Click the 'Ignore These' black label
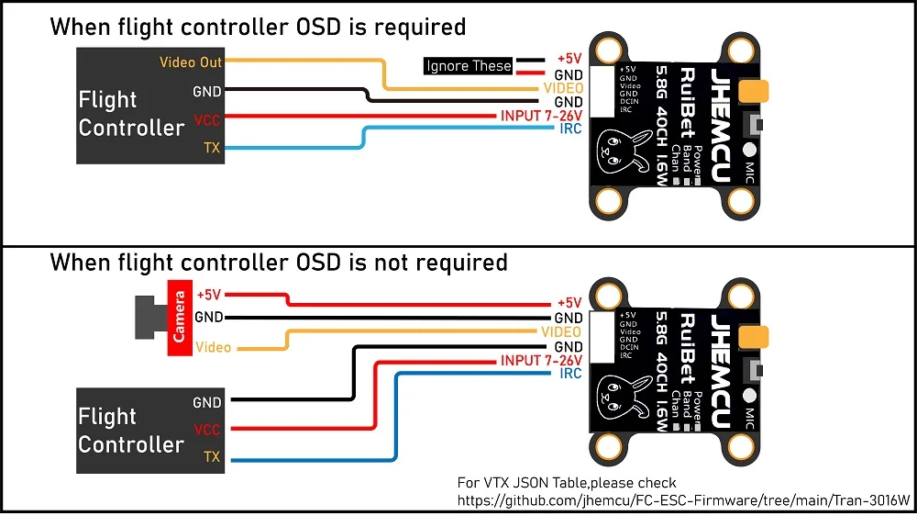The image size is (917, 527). [469, 66]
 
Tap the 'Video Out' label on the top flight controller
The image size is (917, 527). [190, 62]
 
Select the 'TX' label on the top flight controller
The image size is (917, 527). [211, 147]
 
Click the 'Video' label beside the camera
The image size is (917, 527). [214, 348]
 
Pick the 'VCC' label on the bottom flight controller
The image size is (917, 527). [207, 429]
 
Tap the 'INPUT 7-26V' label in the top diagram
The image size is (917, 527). [541, 116]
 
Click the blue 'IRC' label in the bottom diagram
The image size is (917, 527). [569, 374]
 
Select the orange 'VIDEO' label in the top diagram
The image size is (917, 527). [563, 88]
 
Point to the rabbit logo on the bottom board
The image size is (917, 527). [616, 396]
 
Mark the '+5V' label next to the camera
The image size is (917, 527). [210, 296]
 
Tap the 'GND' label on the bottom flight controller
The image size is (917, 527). [207, 402]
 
